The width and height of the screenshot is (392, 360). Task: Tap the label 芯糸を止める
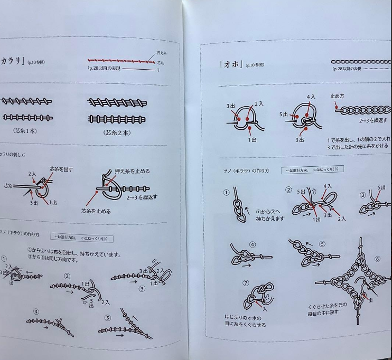click(x=96, y=211)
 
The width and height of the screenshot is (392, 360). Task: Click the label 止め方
click(x=338, y=96)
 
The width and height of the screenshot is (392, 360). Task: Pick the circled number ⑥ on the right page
click(x=377, y=258)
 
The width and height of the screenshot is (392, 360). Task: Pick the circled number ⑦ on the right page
click(x=245, y=283)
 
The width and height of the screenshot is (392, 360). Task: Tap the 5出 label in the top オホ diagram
click(x=283, y=114)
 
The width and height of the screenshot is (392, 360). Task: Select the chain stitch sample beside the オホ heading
click(x=361, y=62)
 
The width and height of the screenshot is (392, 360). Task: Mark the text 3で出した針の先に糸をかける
click(x=360, y=146)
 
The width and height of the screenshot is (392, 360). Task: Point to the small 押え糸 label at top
click(x=163, y=53)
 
